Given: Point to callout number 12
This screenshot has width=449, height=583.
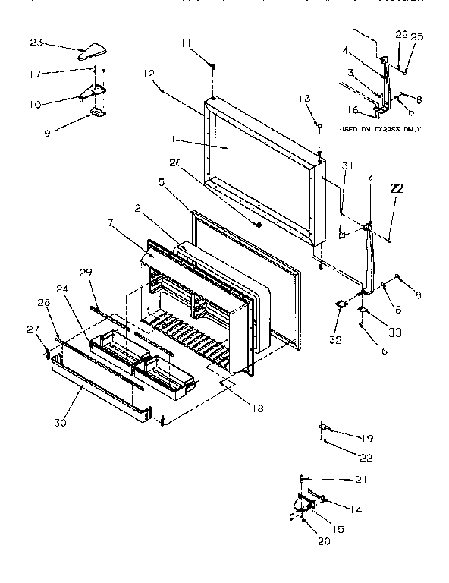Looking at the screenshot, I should pyautogui.click(x=148, y=74).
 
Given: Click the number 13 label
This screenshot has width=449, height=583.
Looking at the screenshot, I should pyautogui.click(x=306, y=99).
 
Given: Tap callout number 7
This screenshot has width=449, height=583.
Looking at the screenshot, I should pyautogui.click(x=111, y=225).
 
